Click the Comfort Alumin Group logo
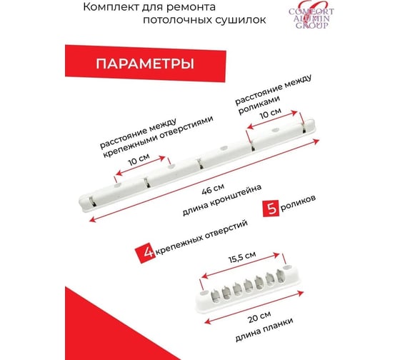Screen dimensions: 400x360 click(311, 16)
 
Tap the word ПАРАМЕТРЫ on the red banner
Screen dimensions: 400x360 click(145, 64)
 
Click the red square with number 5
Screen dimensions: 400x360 click(271, 209)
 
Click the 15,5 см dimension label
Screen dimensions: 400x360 click(242, 257)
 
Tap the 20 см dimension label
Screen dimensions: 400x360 click(259, 316)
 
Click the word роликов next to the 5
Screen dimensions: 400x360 click(298, 204)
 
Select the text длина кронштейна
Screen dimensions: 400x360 click(222, 200)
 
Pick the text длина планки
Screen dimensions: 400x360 click(264, 329)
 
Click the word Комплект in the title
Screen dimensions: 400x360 click(111, 7)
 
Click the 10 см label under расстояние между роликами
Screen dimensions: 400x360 click(271, 113)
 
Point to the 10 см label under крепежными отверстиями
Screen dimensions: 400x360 click(139, 159)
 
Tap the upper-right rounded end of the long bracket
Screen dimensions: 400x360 click(311, 125)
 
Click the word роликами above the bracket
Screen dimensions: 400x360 click(259, 105)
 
